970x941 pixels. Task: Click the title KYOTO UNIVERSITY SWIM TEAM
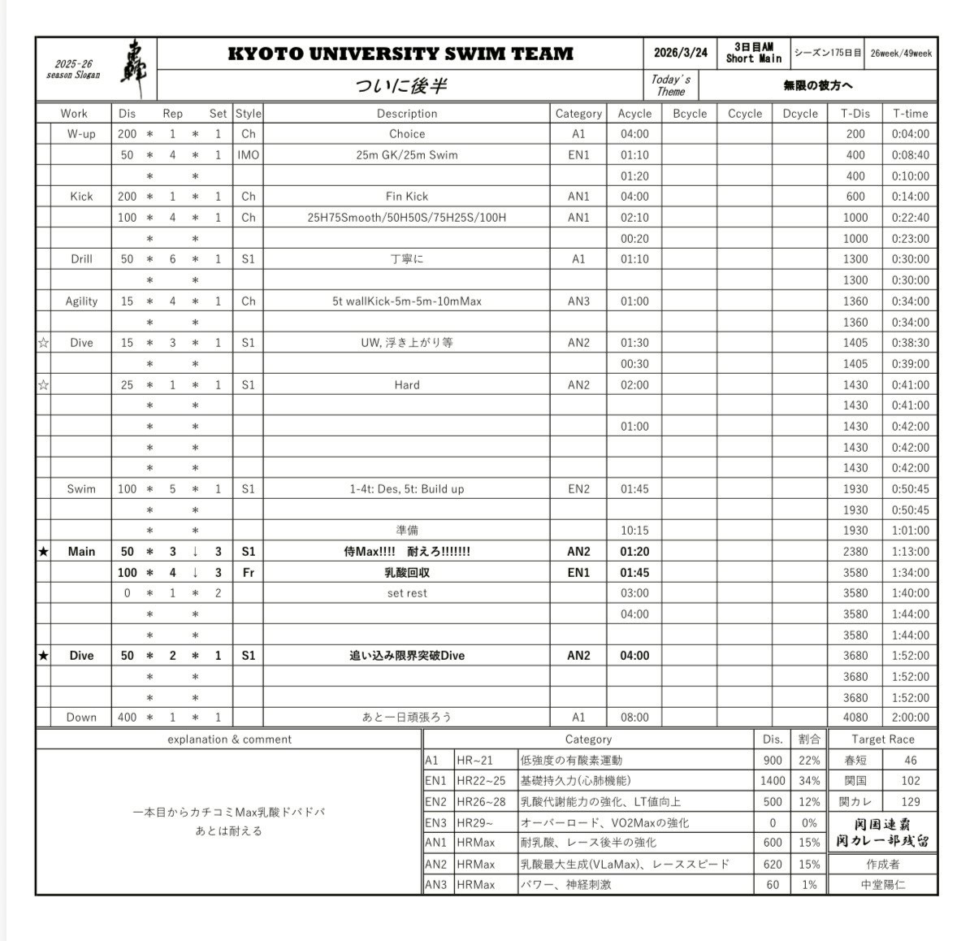click(x=400, y=54)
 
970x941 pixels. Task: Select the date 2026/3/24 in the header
click(x=680, y=54)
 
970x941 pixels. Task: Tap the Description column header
click(x=406, y=114)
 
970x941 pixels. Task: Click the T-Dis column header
click(x=855, y=114)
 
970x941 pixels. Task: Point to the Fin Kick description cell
click(x=406, y=197)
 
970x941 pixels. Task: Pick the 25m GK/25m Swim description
click(x=406, y=155)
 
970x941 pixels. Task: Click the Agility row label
click(x=81, y=301)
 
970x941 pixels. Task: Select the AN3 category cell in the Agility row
click(x=578, y=301)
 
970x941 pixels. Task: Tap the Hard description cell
click(x=406, y=385)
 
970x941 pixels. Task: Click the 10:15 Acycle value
click(x=634, y=531)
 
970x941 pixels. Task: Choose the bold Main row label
click(x=81, y=552)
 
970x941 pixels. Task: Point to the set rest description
click(x=406, y=593)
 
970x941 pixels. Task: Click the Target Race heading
click(x=882, y=739)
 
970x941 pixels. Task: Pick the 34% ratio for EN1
click(x=809, y=781)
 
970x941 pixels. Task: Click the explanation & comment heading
click(x=229, y=739)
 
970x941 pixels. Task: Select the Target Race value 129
click(x=910, y=802)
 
